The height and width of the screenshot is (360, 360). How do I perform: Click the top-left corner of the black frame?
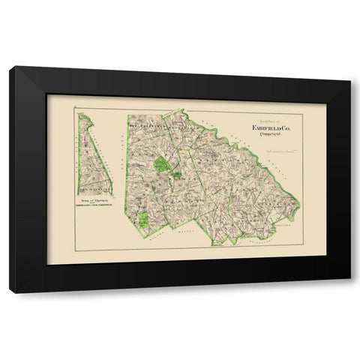tap(10, 68)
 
